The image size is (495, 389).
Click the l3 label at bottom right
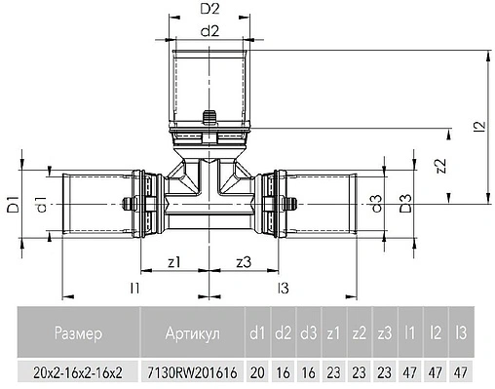283,288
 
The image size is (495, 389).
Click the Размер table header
77,334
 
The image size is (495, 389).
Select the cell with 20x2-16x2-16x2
77,372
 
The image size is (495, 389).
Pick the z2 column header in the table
359,334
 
